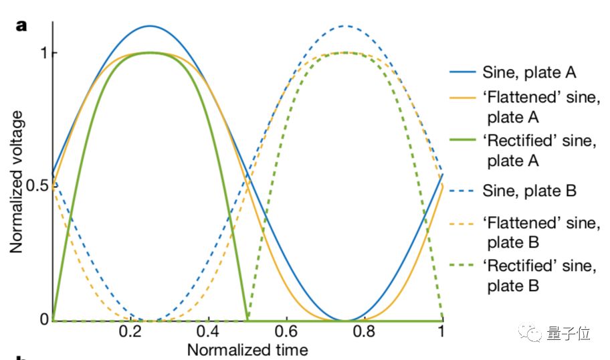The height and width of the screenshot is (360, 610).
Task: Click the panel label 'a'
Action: tap(22, 26)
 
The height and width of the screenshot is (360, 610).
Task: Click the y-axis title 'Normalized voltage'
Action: tap(17, 181)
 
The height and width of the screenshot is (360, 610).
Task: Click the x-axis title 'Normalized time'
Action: tap(247, 349)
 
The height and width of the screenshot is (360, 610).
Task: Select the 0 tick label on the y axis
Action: tap(43, 319)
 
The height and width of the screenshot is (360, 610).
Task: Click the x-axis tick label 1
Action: tap(441, 333)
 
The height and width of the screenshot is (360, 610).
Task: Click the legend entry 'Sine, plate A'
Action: tap(529, 72)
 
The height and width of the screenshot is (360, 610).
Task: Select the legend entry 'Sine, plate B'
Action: tap(529, 191)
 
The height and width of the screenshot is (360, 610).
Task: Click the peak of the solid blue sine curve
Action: tap(150, 26)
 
